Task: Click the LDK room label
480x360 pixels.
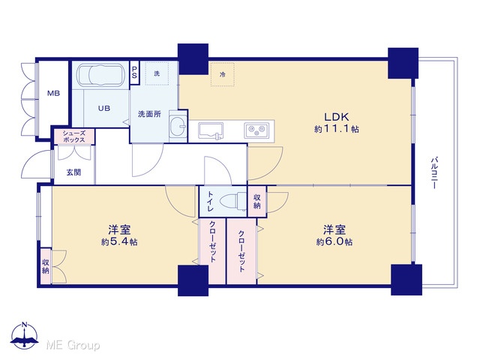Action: (x=337, y=117)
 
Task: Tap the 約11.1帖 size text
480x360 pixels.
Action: (x=337, y=129)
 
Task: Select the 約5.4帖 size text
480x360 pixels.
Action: (x=119, y=242)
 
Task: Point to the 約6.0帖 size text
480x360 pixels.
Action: (x=334, y=242)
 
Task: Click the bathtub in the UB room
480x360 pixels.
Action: (x=100, y=75)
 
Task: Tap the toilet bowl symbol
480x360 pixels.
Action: (x=233, y=201)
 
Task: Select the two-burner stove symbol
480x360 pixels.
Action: (x=256, y=130)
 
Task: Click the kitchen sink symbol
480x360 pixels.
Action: (x=210, y=130)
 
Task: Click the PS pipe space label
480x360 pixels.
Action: (x=134, y=72)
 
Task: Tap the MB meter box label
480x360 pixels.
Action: (x=53, y=93)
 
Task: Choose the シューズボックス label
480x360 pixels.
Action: (x=74, y=136)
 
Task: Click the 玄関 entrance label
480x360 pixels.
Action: (x=73, y=172)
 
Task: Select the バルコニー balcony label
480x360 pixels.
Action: (x=434, y=172)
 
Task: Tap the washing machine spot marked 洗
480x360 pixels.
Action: (x=157, y=73)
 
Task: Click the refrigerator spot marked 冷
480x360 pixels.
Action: (x=222, y=74)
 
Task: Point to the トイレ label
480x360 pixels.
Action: (x=211, y=202)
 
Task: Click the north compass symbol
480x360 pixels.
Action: (x=24, y=335)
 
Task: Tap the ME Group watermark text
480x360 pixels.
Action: (x=73, y=345)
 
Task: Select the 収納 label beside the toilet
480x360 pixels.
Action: (x=257, y=202)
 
